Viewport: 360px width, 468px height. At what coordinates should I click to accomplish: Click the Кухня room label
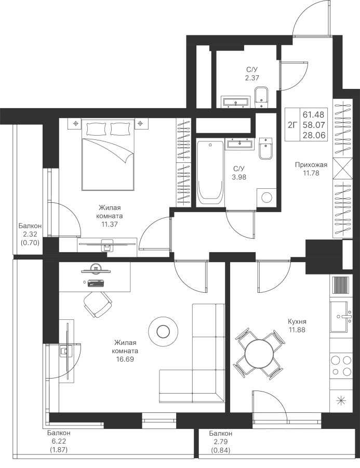coord(297,322)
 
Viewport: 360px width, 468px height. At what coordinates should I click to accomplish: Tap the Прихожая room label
coord(311,165)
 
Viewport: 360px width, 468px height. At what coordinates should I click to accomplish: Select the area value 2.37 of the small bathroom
coord(252,78)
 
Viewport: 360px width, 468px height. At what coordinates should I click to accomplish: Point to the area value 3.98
coord(239,177)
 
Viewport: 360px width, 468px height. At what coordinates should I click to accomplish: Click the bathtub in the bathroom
coord(210,172)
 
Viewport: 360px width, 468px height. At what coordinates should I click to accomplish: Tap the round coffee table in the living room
coord(163,331)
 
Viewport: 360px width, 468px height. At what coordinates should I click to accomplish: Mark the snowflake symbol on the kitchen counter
coord(341,400)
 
